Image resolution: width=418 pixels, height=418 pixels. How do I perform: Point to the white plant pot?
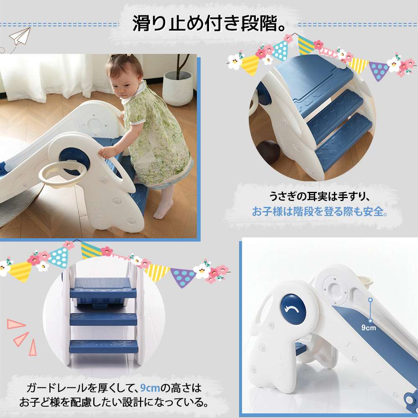pyautogui.click(x=177, y=88)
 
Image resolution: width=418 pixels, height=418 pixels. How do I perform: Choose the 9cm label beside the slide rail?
pyautogui.click(x=368, y=327)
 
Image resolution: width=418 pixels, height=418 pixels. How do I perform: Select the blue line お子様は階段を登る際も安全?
pyautogui.click(x=320, y=212)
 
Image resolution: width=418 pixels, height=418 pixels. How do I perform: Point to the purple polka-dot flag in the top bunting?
pyautogui.click(x=378, y=71)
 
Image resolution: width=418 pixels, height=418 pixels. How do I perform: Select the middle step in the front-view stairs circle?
pyautogui.click(x=103, y=319)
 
